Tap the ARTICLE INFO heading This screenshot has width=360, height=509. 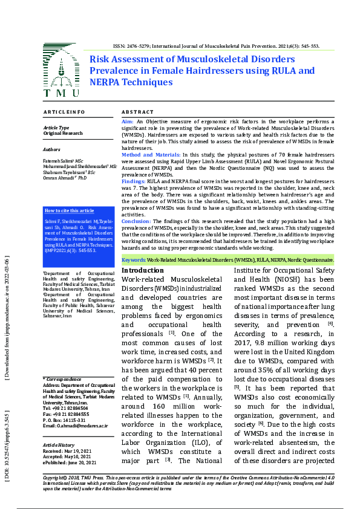tap(64, 112)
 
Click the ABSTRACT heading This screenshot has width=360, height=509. tap(138, 112)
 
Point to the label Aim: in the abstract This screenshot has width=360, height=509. tap(128, 122)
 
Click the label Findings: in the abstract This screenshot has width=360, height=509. tap(133, 181)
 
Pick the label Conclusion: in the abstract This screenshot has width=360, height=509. tap(137, 221)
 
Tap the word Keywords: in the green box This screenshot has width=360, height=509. tap(134, 260)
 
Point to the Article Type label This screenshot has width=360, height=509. tap(56, 128)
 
